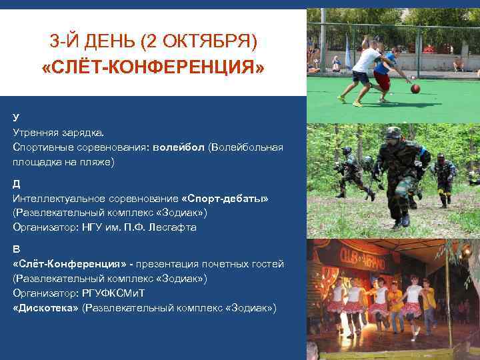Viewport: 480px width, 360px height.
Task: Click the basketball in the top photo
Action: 415,88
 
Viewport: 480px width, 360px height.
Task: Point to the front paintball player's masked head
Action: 393,134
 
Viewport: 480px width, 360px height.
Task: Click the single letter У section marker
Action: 16,117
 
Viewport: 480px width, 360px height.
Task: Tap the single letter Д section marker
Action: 17,183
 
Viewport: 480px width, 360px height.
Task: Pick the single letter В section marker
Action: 16,249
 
